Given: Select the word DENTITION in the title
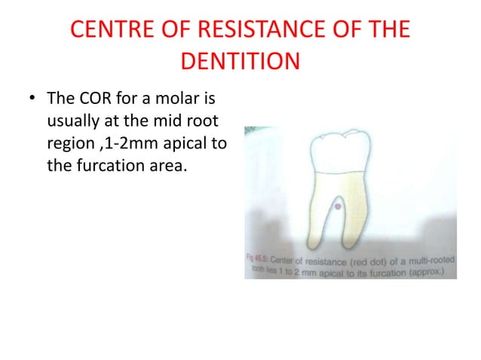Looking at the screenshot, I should (x=240, y=59).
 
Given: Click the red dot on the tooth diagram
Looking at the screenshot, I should (x=338, y=206).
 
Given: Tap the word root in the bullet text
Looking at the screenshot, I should (x=207, y=121).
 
